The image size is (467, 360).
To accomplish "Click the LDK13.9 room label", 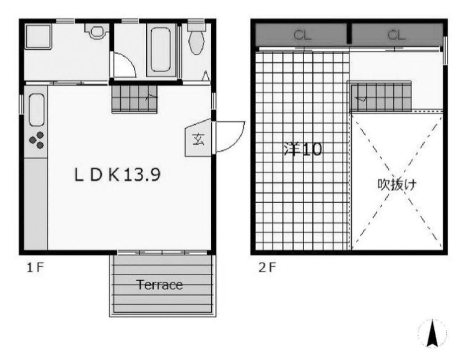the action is (x=118, y=175).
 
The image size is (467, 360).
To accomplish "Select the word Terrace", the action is (x=160, y=285).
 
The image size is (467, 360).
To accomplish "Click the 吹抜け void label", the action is (x=397, y=185).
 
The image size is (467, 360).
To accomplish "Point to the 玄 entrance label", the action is (x=198, y=139).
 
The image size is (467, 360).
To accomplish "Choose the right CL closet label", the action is (x=397, y=35).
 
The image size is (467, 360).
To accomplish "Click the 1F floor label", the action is (x=35, y=267).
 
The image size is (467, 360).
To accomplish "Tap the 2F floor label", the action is (x=267, y=267).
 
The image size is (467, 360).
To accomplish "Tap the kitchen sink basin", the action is (x=37, y=110).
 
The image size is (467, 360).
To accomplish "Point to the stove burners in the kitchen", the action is (x=37, y=140).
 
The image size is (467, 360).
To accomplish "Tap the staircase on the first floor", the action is (x=134, y=99).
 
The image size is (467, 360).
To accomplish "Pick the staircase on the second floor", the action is (x=381, y=97).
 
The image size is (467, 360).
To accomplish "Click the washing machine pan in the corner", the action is (x=38, y=37).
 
